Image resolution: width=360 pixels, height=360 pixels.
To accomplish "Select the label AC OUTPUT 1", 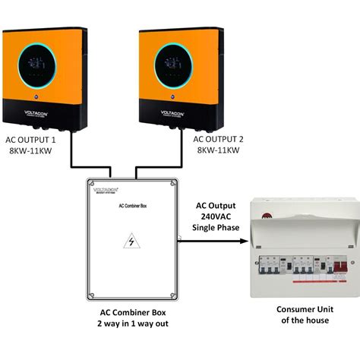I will pyautogui.click(x=31, y=140).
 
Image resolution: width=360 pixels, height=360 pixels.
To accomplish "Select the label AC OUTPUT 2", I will pyautogui.click(x=219, y=140).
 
